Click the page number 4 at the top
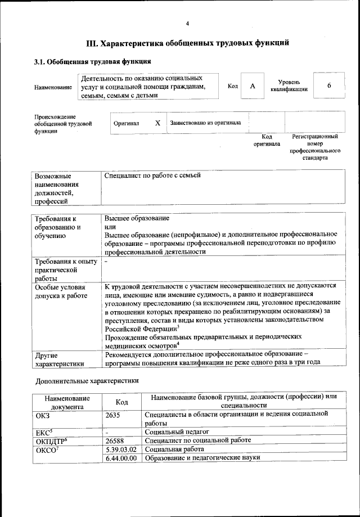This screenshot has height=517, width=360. (x=187, y=23)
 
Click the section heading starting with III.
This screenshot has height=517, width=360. (x=187, y=43)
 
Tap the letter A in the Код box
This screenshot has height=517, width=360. (x=253, y=86)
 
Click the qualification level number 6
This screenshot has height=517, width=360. (x=328, y=86)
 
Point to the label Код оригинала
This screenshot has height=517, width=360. (x=267, y=140)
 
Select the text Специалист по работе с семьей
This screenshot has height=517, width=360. (x=152, y=176)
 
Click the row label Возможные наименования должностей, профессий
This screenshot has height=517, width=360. (x=57, y=188)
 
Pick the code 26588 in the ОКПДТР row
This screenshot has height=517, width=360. (x=116, y=440)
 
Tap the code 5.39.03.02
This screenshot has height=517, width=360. (x=121, y=449)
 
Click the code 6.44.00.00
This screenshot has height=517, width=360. (x=121, y=458)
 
